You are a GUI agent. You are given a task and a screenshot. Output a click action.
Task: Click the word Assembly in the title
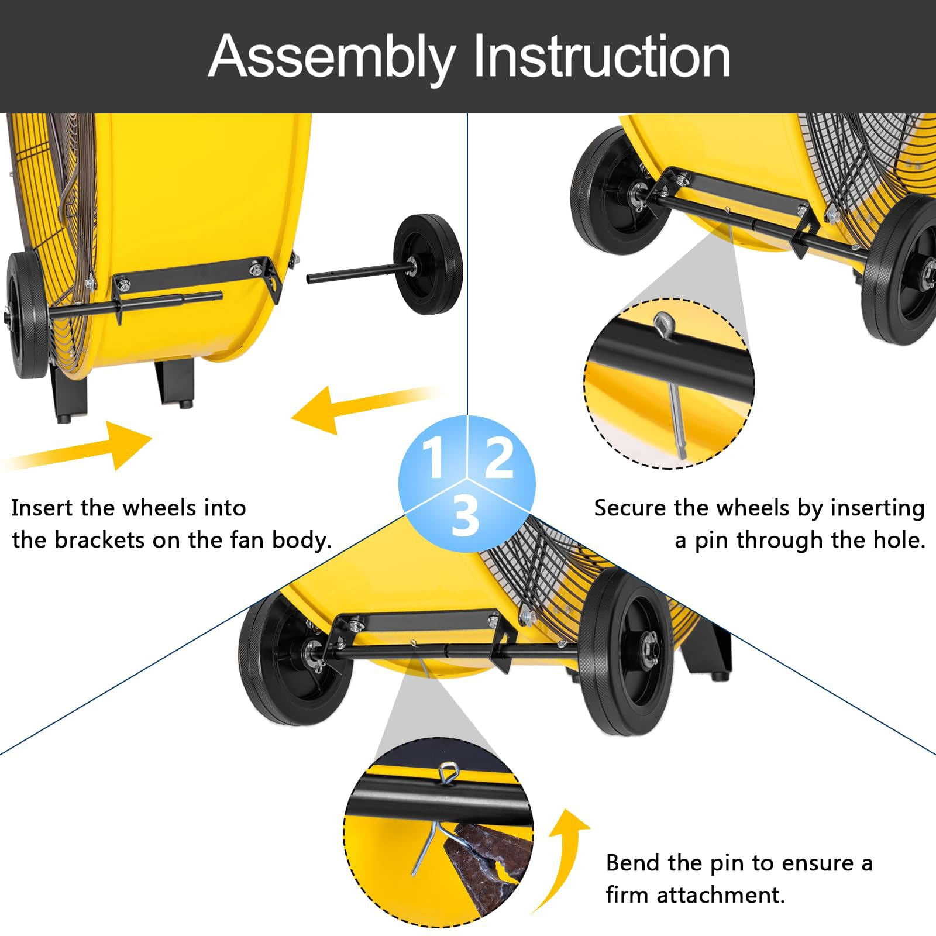(332, 58)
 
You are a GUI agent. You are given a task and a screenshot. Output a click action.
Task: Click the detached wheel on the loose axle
(428, 264)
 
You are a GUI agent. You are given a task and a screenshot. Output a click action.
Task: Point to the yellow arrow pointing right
(77, 446)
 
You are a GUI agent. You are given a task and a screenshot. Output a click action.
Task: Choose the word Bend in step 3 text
(633, 863)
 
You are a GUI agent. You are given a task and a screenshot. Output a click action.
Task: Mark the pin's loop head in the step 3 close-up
(449, 773)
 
